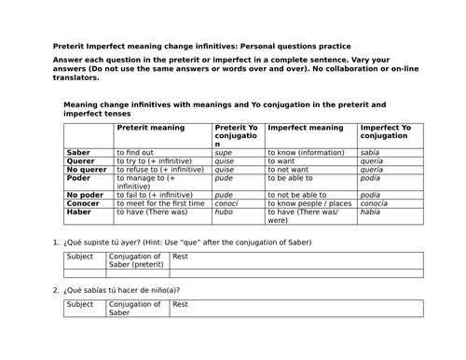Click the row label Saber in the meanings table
pos(79,150)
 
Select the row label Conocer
pos(84,202)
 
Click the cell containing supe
pos(224,150)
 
